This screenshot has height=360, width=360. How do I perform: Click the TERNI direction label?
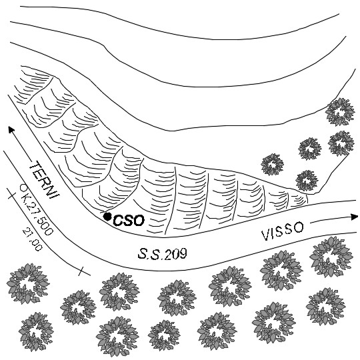click(x=45, y=180)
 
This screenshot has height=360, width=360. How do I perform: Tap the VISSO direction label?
click(x=283, y=231)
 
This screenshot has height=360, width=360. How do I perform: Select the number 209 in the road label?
click(x=175, y=254)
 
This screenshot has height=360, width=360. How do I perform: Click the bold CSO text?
click(x=129, y=221)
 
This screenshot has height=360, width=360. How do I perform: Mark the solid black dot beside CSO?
click(x=107, y=216)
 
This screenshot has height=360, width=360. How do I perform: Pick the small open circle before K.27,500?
click(x=23, y=187)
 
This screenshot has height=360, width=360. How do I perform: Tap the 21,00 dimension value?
click(x=33, y=239)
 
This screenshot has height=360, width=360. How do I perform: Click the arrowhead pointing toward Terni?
click(x=11, y=129)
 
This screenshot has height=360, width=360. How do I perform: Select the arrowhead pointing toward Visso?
click(x=354, y=217)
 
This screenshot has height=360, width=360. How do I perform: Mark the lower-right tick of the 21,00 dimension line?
click(x=81, y=271)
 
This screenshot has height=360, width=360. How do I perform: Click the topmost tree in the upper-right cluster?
click(x=339, y=112)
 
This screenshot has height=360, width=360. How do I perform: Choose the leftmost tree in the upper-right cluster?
click(x=272, y=165)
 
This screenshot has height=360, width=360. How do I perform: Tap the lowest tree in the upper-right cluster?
click(x=307, y=181)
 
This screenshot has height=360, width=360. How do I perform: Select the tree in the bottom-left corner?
click(x=36, y=331)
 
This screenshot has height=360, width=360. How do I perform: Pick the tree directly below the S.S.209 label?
click(x=177, y=297)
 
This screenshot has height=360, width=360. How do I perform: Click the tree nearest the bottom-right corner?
click(x=325, y=307)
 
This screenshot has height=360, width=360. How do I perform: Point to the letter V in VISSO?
click(x=265, y=236)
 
